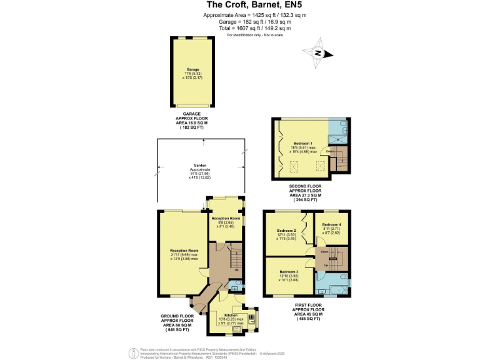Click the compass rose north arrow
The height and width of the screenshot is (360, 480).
point(317,53)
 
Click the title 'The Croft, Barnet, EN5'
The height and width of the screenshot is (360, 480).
point(239,5)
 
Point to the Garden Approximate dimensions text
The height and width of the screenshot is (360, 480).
point(200,171)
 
